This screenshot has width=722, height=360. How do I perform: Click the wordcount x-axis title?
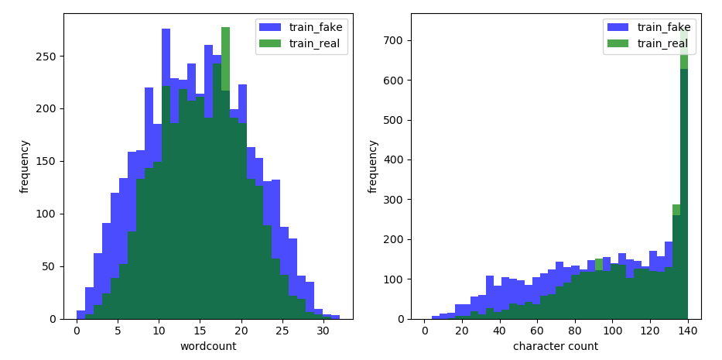pyautogui.click(x=207, y=346)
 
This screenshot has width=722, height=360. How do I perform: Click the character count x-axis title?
pyautogui.click(x=556, y=346)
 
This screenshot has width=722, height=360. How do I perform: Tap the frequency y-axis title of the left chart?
pyautogui.click(x=26, y=166)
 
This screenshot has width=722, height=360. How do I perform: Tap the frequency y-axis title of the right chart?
pyautogui.click(x=373, y=166)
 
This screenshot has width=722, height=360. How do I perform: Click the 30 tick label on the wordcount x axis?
pyautogui.click(x=323, y=330)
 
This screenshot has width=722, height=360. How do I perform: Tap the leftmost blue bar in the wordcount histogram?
pyautogui.click(x=80, y=315)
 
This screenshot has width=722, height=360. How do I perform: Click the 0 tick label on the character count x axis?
pyautogui.click(x=424, y=330)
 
